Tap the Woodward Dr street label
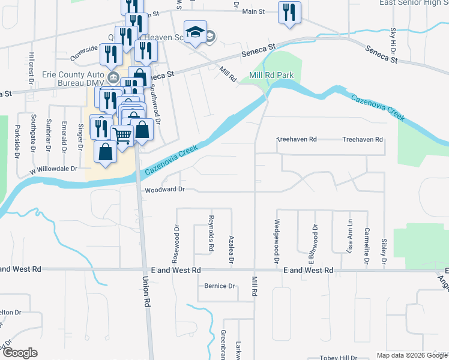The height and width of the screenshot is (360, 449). [x=163, y=190]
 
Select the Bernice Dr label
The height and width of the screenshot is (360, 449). [x=219, y=286]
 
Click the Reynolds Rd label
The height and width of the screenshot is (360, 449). [x=211, y=233]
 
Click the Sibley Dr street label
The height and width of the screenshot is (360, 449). [x=384, y=251]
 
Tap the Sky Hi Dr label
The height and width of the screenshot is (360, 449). [x=393, y=38]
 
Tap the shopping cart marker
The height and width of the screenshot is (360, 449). [x=122, y=136]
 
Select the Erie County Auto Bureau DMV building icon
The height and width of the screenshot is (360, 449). [x=112, y=77]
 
